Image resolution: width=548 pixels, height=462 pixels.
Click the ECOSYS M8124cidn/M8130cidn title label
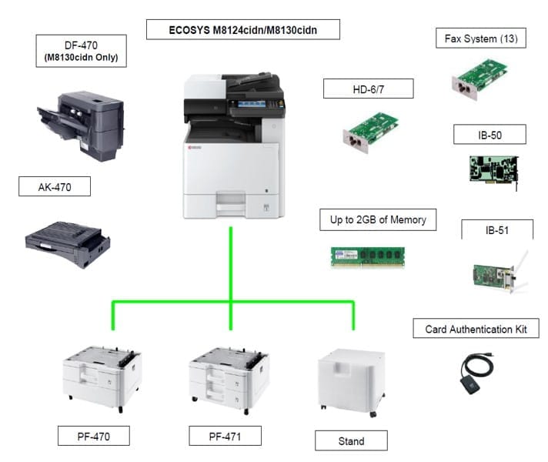tap(243, 31)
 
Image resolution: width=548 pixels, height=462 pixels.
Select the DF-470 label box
tap(81, 52)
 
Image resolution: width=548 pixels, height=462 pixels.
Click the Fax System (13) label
tap(481, 38)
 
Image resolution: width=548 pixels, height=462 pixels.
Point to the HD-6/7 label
tap(368, 89)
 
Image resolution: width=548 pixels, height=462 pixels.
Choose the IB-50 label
tap(490, 135)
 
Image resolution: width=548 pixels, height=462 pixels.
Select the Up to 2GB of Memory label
tap(373, 220)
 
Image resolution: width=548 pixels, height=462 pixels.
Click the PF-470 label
tap(93, 437)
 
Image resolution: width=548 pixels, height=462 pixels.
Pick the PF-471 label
tap(225, 436)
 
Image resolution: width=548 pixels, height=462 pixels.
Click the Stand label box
tap(351, 441)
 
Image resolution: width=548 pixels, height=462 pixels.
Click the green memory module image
tap(368, 256)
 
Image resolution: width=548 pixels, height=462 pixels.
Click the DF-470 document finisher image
tap(79, 123)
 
